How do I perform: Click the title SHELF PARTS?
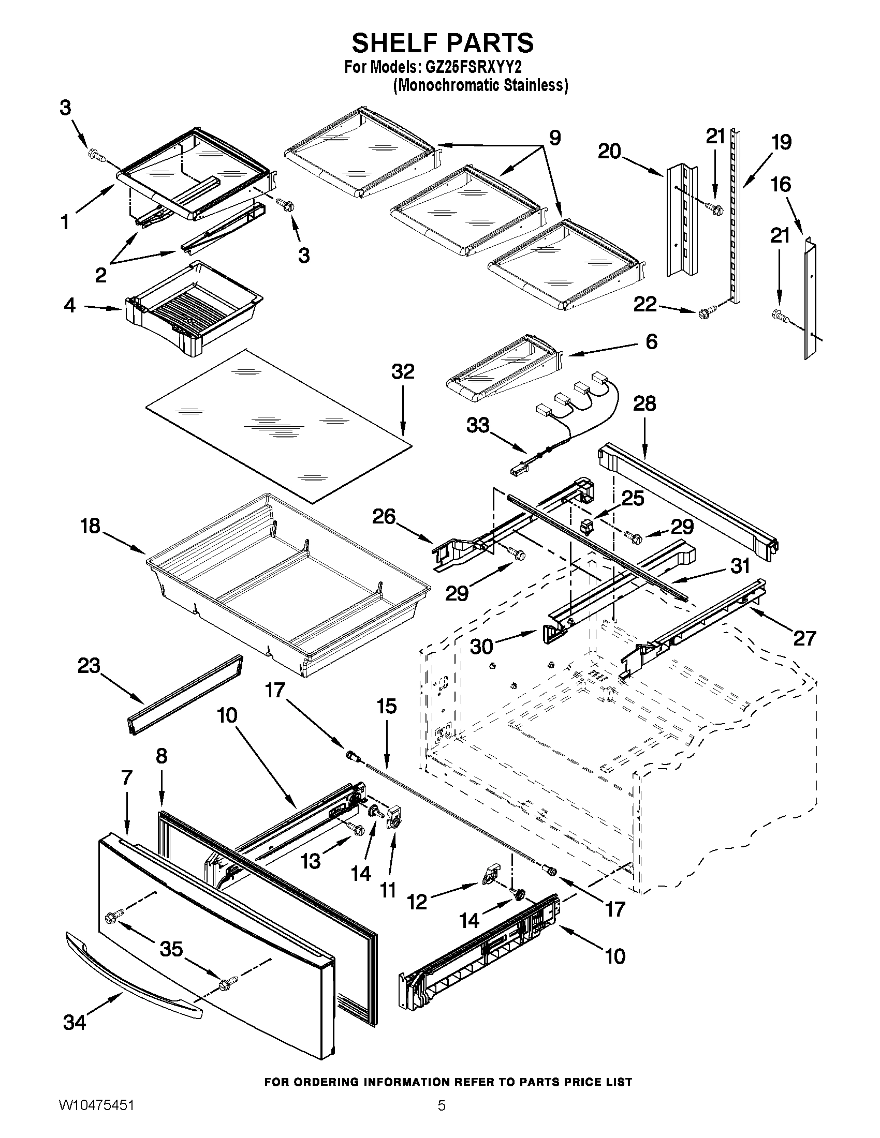click(x=442, y=43)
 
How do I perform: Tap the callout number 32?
click(x=402, y=372)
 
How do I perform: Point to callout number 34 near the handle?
click(x=74, y=1022)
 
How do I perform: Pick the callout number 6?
click(x=651, y=341)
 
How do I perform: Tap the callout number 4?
click(x=69, y=305)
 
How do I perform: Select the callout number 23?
click(x=89, y=665)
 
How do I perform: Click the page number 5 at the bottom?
click(x=441, y=1118)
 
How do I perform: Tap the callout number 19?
click(x=781, y=142)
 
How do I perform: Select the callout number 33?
click(x=478, y=425)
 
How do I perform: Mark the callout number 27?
click(x=804, y=638)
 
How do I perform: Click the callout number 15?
click(x=386, y=707)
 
